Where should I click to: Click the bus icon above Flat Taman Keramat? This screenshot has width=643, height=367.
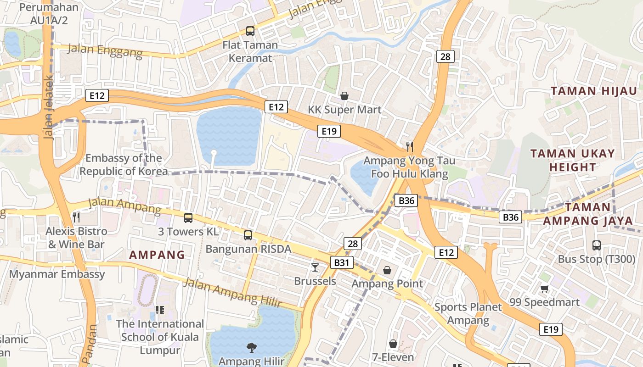point(250,31)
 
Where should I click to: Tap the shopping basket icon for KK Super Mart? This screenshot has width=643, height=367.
point(344,96)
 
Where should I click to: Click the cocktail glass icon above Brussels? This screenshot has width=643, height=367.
point(315,267)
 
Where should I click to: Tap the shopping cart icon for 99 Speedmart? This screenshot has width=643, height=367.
point(544,289)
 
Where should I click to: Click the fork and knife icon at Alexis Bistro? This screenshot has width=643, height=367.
point(76,217)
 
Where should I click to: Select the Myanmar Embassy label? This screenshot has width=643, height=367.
point(57,274)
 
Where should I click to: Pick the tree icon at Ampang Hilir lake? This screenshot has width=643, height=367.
point(251,348)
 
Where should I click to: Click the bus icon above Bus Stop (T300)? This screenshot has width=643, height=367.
point(596,245)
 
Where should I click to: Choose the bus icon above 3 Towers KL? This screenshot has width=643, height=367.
point(188,218)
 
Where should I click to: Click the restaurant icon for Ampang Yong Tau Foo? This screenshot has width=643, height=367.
point(410,147)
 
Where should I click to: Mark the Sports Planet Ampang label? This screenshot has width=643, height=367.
point(468,314)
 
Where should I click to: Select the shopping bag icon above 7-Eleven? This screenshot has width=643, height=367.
point(393,344)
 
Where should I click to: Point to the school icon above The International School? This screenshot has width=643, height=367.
point(160,310)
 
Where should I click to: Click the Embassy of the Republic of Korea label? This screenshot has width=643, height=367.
point(124,165)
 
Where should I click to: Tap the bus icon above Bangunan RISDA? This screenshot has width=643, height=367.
point(248,235)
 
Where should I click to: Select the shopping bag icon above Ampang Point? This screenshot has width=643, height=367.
point(387,270)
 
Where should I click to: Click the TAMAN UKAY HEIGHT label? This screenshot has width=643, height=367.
point(572,160)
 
